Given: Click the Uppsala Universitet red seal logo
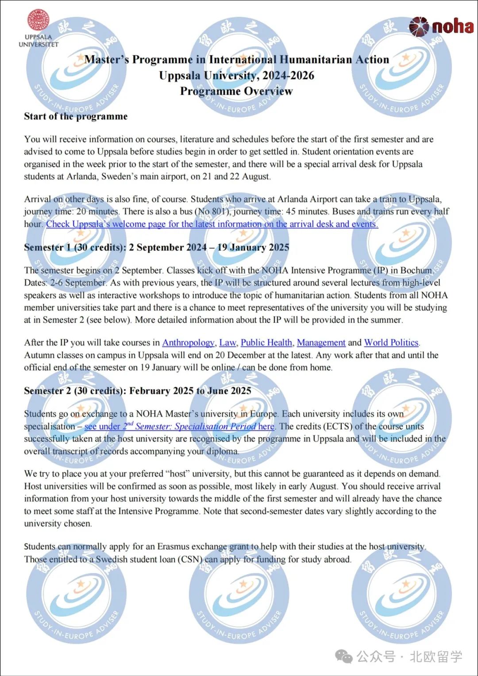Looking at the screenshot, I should point(39,20).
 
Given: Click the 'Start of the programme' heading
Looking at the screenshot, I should point(76,117).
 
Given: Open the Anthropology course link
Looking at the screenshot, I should point(188,342).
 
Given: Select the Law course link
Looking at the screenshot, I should point(227,342).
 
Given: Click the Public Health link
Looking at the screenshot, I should point(266,342).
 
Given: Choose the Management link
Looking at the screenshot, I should point(321,342).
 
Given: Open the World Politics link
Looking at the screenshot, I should point(391,342).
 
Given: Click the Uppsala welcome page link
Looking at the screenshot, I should point(212,224).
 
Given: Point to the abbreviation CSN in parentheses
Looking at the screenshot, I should point(190,559).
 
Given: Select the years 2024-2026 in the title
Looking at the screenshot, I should point(288,75).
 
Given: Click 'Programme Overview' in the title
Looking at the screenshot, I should point(236,91).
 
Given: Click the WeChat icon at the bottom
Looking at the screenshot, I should point(344,656).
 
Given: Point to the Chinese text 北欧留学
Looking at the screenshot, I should point(436,656).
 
